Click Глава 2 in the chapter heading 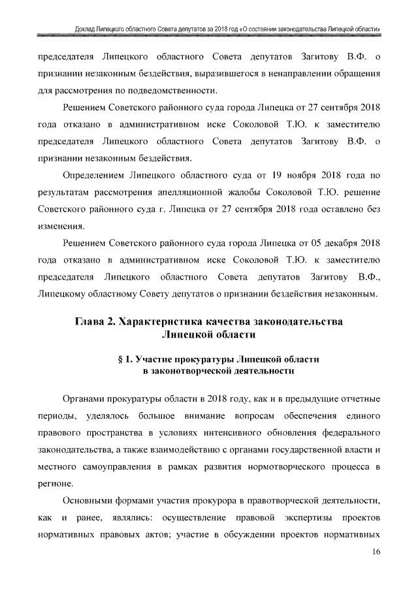tap(93, 321)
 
